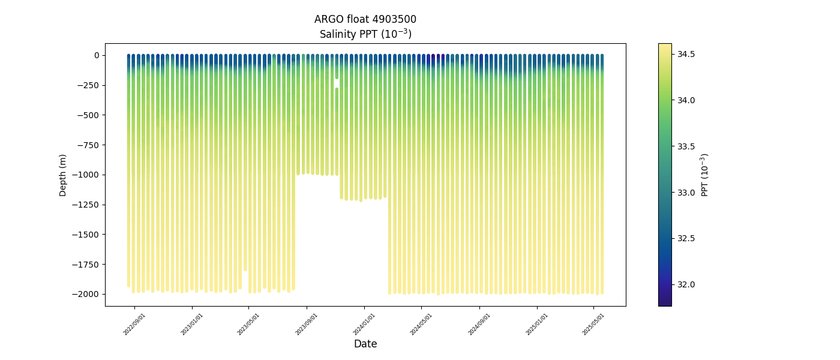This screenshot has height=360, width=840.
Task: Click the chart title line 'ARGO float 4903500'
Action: pyautogui.click(x=365, y=19)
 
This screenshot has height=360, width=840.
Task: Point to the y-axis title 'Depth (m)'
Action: pyautogui.click(x=63, y=175)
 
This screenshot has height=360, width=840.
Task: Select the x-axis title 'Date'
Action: pyautogui.click(x=365, y=344)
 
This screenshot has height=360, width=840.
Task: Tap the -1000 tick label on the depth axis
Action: pyautogui.click(x=88, y=175)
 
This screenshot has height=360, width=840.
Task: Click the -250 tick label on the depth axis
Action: pyautogui.click(x=90, y=85)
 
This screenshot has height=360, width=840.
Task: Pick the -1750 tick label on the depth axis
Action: pyautogui.click(x=88, y=264)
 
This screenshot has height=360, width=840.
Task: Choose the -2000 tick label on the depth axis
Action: pyautogui.click(x=88, y=294)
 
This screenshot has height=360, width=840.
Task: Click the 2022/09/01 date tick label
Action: pyautogui.click(x=134, y=324)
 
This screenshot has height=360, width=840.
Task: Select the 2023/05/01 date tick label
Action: pyautogui.click(x=248, y=324)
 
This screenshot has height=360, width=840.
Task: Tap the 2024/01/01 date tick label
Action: pyautogui.click(x=364, y=324)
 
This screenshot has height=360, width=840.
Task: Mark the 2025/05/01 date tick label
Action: pyautogui.click(x=593, y=324)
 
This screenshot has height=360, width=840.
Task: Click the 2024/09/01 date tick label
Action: pyautogui.click(x=479, y=324)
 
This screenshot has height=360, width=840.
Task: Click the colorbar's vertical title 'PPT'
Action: pyautogui.click(x=705, y=175)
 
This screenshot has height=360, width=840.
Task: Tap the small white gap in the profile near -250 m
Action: pyautogui.click(x=337, y=83)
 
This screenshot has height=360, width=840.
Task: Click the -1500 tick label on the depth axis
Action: pyautogui.click(x=88, y=235)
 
